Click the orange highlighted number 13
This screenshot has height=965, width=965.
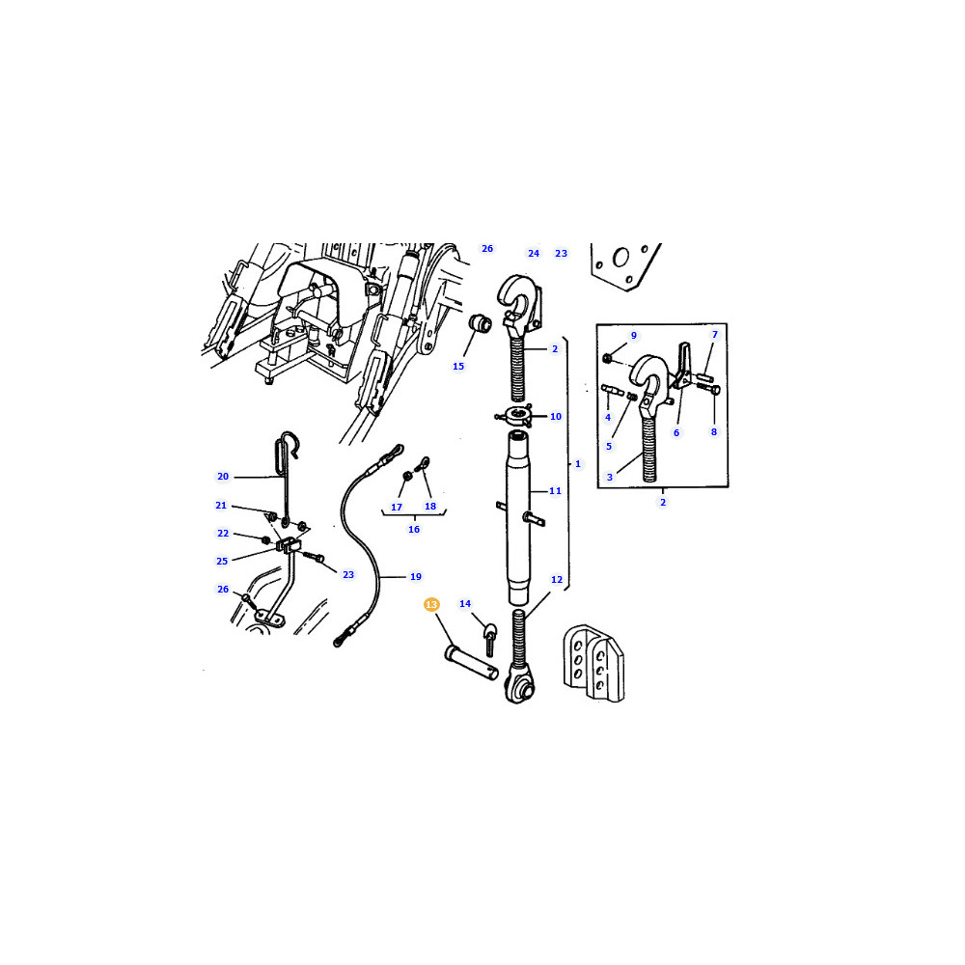pos(431,604)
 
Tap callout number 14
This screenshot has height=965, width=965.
pos(465,604)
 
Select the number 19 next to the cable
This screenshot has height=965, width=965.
pos(415,577)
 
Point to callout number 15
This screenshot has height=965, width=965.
pos(457,366)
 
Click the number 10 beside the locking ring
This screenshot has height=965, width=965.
pos(555,417)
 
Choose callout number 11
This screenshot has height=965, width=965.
pos(555,490)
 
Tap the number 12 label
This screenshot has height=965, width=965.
pos(557,580)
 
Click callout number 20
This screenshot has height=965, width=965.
pos(223,477)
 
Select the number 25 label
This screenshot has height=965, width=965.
pos(222,562)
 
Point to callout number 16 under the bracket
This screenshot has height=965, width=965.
pos(414,529)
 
